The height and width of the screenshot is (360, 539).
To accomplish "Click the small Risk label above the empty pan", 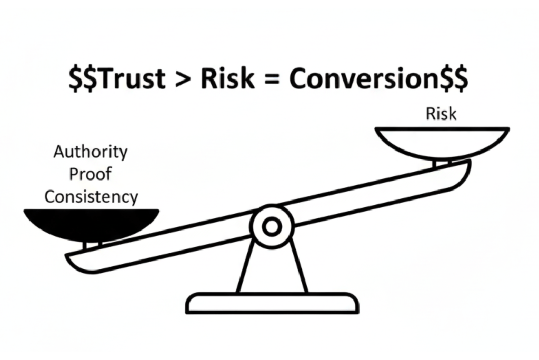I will pyautogui.click(x=441, y=114).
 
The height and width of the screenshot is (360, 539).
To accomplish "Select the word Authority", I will pyautogui.click(x=91, y=152).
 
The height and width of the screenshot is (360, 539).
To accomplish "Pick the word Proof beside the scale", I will pyautogui.click(x=91, y=174).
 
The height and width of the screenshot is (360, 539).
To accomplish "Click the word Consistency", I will pyautogui.click(x=91, y=197).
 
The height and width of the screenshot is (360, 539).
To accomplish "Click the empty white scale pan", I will pyautogui.click(x=442, y=141).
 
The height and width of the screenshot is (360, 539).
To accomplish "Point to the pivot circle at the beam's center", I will pyautogui.click(x=272, y=227).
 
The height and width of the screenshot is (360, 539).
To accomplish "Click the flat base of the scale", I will pyautogui.click(x=272, y=303).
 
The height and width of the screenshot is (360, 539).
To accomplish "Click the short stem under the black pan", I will pyautogui.click(x=91, y=245).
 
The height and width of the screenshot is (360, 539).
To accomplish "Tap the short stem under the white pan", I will pyautogui.click(x=442, y=163).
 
